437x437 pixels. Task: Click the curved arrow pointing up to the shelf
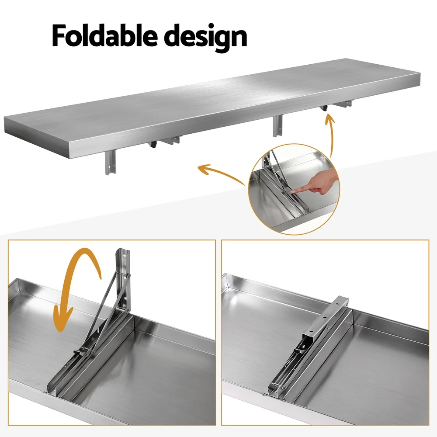point(330,134)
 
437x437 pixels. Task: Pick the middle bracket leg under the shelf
point(277,126)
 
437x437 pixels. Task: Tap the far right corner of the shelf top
point(420,73)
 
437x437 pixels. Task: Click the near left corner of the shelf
point(5,119)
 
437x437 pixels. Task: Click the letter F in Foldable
point(59,36)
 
